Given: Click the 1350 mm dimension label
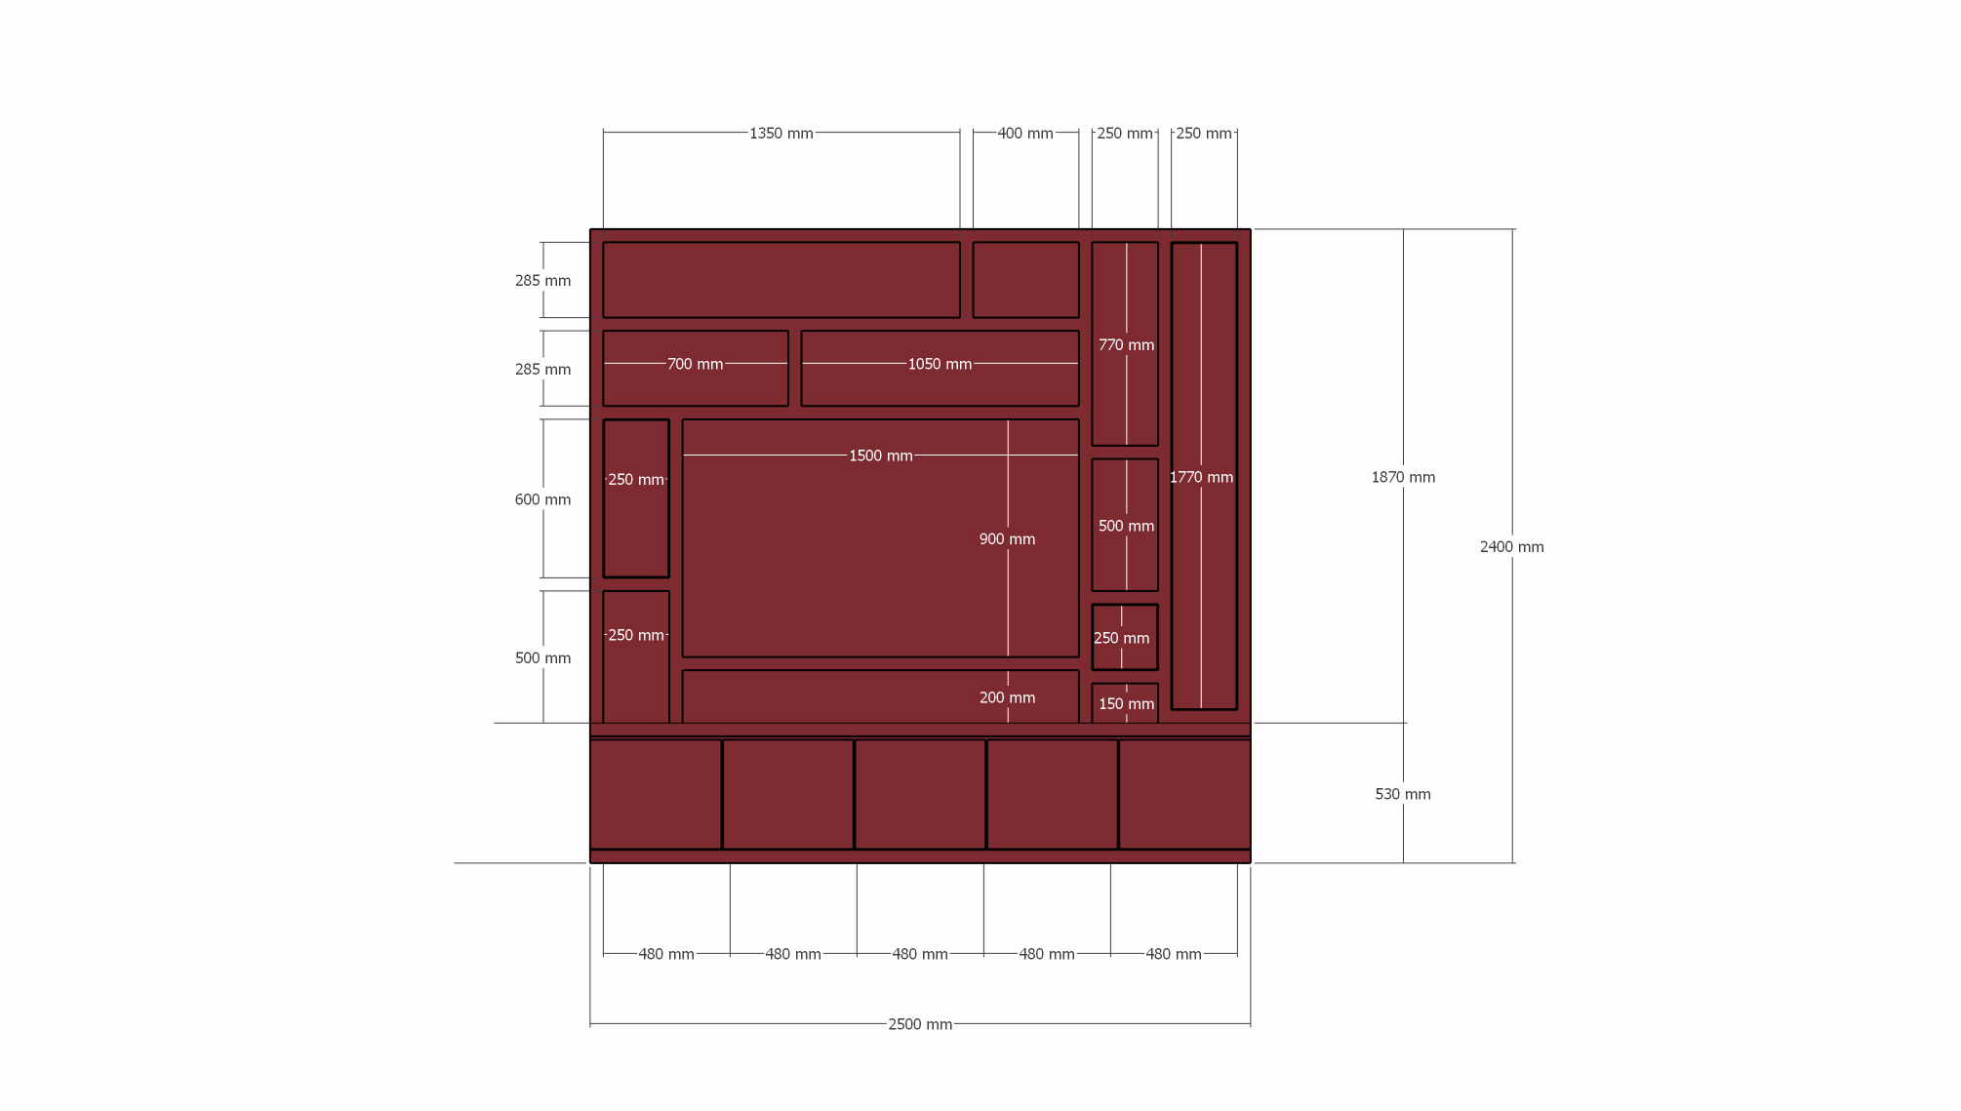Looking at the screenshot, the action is pos(780,134).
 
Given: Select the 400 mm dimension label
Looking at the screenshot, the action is pos(1024,134).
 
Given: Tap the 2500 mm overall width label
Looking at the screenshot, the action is pos(919,1024).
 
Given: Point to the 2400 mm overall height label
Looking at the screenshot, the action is pos(1511,547).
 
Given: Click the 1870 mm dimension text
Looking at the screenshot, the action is pos(1403,478).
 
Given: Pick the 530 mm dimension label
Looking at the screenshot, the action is pos(1403,795).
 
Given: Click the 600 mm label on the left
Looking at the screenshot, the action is pos(542,500).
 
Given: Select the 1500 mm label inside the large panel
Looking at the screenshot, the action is pos(880,456).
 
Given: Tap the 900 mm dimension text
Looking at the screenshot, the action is pos(1007,539).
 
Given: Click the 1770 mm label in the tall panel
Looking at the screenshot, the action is pos(1201,478).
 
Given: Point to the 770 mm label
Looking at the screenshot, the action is pos(1126,345).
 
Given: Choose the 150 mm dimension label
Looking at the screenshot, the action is pos(1126,704).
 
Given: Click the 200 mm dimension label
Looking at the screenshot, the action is pos(1007,698).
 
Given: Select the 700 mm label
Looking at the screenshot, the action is pos(695,365).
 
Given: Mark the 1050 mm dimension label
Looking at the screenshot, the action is pos(940,365).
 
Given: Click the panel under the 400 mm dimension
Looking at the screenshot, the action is pos(1025,280).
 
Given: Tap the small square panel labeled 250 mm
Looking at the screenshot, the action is pos(1125,638).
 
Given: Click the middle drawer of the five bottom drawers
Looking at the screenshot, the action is pos(920,794).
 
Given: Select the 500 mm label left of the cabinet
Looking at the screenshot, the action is pos(542,658).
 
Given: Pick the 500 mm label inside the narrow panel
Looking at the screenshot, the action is pos(1126,527).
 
